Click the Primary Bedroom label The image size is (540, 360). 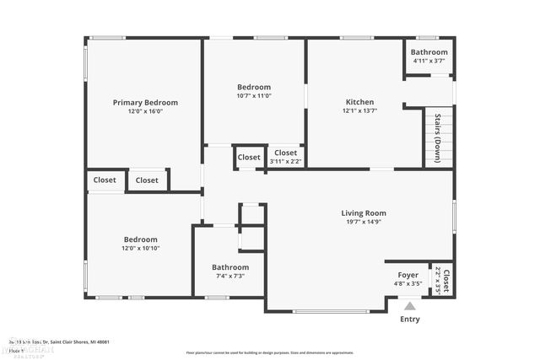(145, 102)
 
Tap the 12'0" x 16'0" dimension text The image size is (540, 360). (145, 111)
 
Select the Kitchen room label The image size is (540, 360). (359, 102)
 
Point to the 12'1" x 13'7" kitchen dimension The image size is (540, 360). (359, 111)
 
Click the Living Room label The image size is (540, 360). (363, 213)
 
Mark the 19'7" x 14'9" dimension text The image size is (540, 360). (363, 223)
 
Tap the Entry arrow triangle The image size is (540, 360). (409, 307)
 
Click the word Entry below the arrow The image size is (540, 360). (409, 320)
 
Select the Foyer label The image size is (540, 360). (408, 275)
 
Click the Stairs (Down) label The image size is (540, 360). (437, 137)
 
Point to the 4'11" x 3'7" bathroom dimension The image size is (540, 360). (429, 61)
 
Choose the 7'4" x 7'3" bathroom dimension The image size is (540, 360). (229, 277)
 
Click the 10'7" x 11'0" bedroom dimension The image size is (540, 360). (253, 96)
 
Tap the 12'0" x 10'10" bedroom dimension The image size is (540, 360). (140, 248)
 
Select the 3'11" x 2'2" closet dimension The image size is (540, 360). (285, 161)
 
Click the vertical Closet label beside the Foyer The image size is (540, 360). (446, 280)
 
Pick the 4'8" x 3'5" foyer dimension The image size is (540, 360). (408, 284)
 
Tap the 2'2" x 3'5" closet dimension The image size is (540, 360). (437, 280)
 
